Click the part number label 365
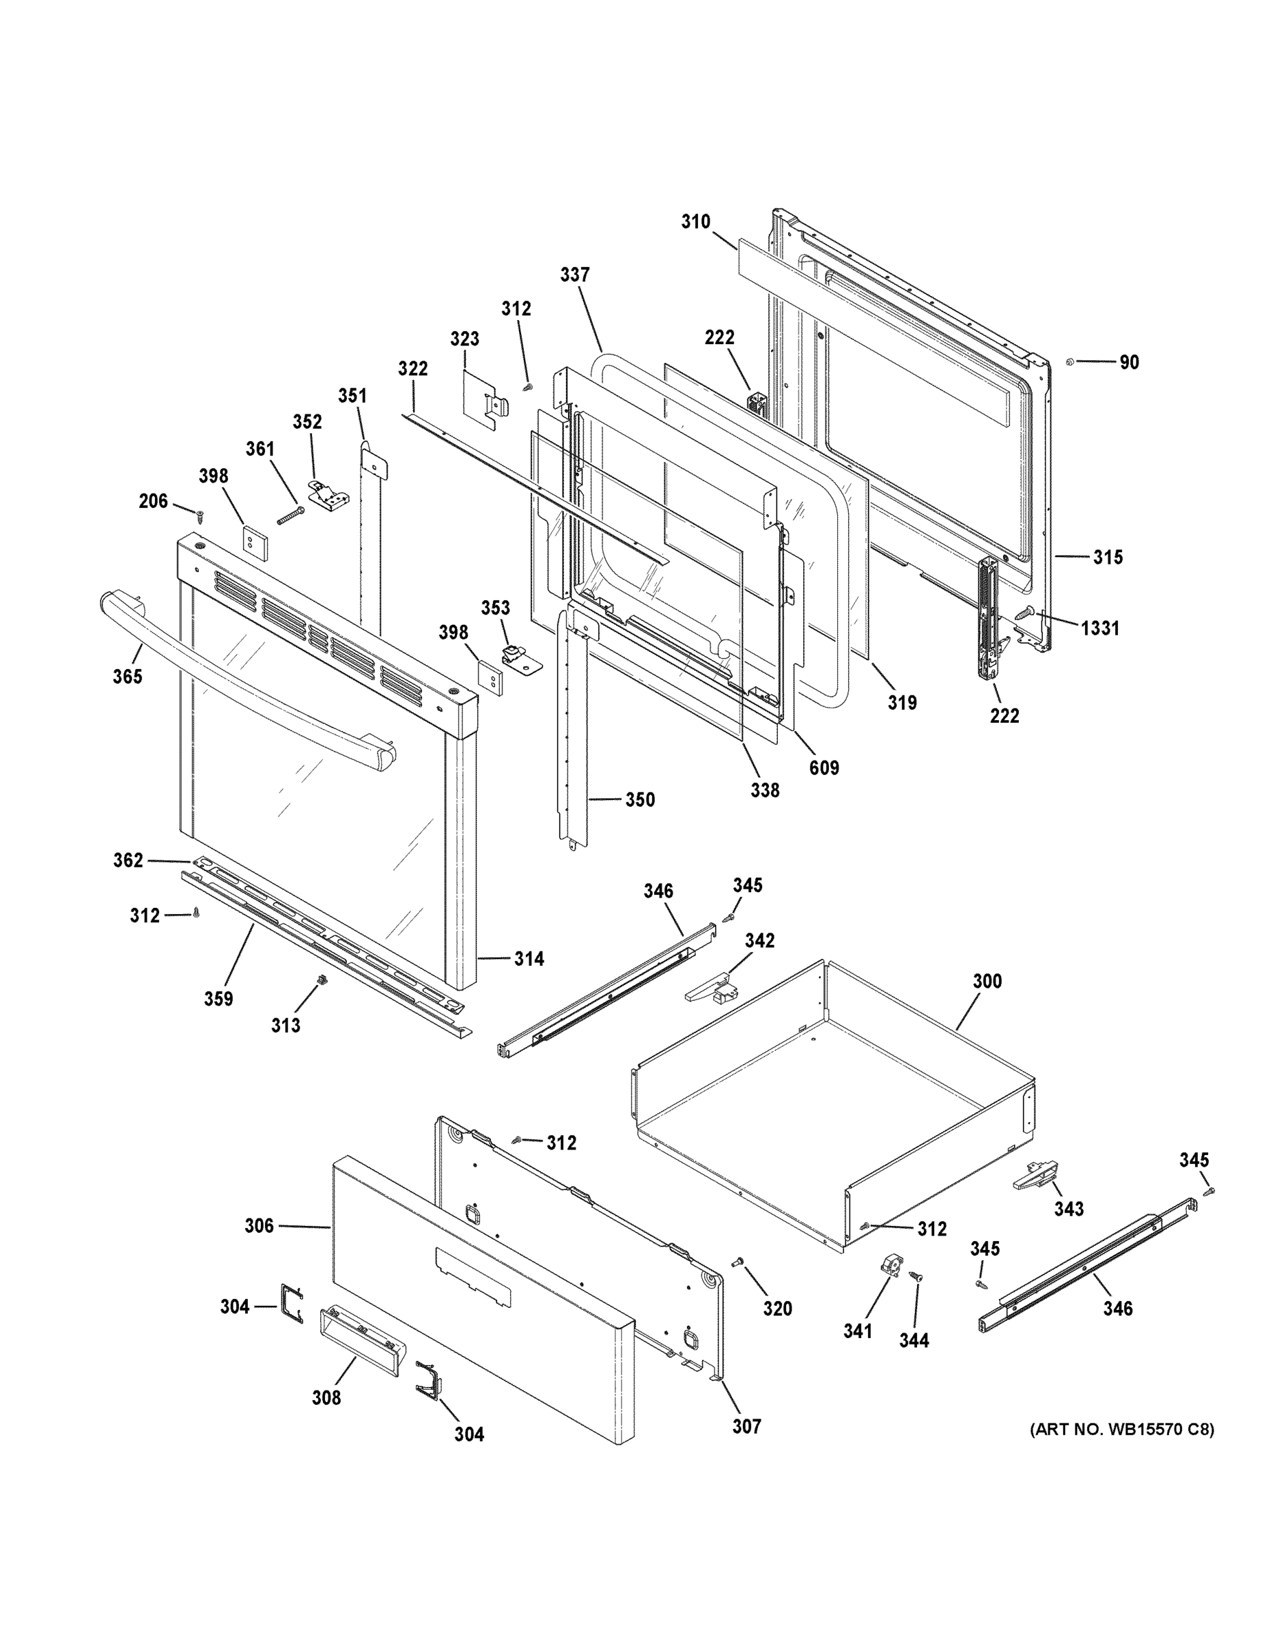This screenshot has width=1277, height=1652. [x=127, y=676]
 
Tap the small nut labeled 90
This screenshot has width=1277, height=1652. [x=1069, y=361]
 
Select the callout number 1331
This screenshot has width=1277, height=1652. [x=1099, y=627]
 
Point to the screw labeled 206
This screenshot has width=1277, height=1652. [x=200, y=515]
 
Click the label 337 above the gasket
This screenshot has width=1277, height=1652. [x=575, y=275]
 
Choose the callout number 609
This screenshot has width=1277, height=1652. [x=824, y=767]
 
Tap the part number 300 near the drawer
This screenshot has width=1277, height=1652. [x=986, y=981]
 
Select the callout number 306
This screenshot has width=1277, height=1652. [x=259, y=1225]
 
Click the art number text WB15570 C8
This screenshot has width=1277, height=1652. [x=1121, y=1430]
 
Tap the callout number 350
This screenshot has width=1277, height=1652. [x=640, y=800]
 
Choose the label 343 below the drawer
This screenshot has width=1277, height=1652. [x=1068, y=1209]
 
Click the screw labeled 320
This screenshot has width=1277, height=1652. [x=737, y=1262]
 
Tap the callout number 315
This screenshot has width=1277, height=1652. [x=1108, y=557]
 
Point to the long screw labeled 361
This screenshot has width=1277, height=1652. [x=291, y=515]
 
